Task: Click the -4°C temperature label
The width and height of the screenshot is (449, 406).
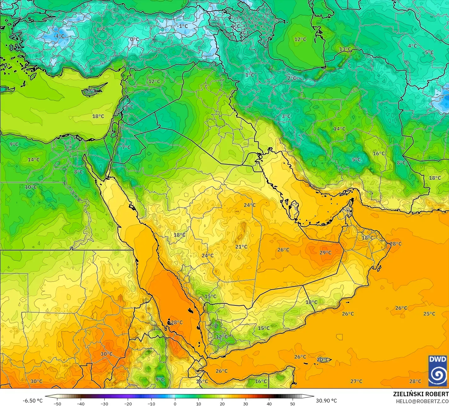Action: [x=59, y=36]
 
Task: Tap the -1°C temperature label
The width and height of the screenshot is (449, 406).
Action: [x=182, y=26]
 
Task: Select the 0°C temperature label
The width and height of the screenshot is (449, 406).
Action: [x=135, y=39]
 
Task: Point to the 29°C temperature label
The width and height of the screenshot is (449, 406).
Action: [x=325, y=253]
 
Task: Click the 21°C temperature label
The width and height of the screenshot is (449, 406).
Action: [x=241, y=247]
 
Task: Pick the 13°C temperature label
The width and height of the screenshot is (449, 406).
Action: [x=345, y=49]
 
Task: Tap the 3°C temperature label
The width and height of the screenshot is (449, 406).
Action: [x=286, y=116]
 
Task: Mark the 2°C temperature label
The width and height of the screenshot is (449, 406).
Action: [x=292, y=78]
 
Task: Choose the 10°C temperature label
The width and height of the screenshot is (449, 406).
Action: [x=31, y=187]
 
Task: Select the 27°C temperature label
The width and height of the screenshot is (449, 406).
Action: [x=356, y=381]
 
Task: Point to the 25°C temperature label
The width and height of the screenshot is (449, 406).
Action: [x=429, y=314]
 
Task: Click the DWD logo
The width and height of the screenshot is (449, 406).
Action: [x=438, y=371]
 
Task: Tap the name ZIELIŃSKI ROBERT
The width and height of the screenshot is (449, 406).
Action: [x=421, y=394]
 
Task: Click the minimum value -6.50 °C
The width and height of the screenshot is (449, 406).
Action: [x=32, y=401]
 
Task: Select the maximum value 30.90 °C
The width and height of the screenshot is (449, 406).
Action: [x=326, y=401]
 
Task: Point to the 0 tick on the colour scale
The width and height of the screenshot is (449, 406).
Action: [x=175, y=403]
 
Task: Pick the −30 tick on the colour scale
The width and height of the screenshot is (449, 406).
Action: [x=104, y=403]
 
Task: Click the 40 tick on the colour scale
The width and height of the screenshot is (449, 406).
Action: [x=269, y=403]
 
